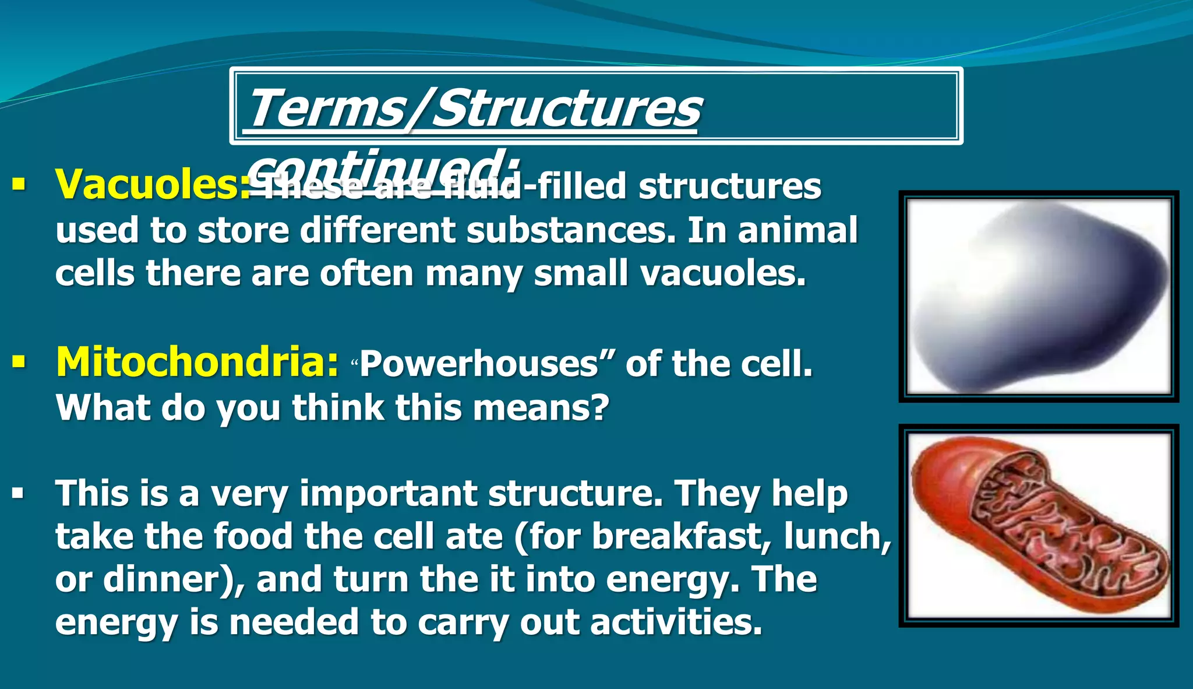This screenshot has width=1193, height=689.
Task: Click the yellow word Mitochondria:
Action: [x=197, y=363]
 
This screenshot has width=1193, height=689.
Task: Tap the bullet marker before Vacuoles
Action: [x=19, y=186]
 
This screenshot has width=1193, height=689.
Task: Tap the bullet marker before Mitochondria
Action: [x=19, y=363]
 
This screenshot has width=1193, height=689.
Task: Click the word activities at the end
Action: [x=676, y=623]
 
